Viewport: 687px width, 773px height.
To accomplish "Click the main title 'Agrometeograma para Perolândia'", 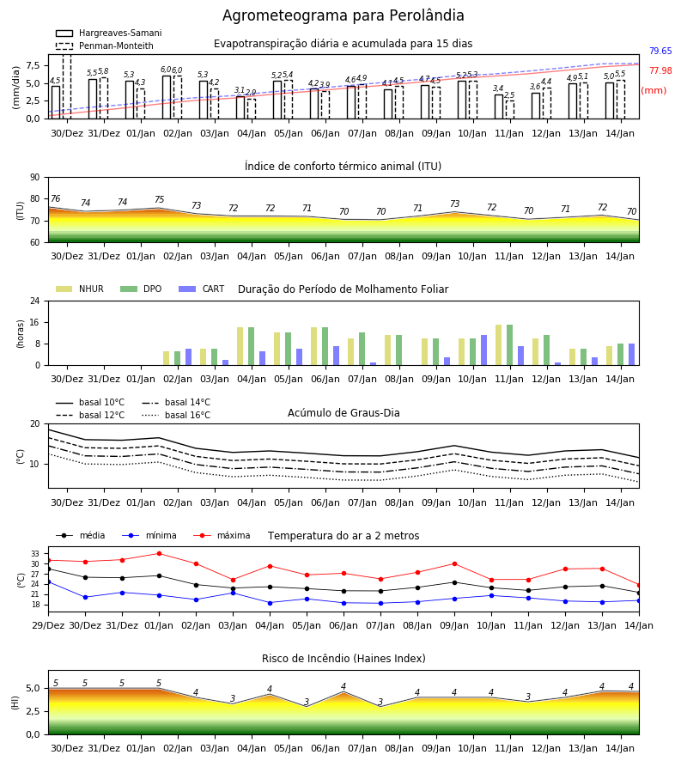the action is [x=343, y=15].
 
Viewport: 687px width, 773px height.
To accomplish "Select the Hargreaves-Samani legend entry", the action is [x=108, y=33].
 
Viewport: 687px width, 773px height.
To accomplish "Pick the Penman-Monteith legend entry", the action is [x=105, y=46].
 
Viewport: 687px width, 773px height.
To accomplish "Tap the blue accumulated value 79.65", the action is [x=660, y=51].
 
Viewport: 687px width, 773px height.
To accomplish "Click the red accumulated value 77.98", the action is [x=660, y=70].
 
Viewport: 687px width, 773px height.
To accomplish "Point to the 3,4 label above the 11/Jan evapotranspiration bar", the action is [x=498, y=88].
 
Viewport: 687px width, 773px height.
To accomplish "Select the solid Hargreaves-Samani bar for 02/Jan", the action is [x=167, y=97].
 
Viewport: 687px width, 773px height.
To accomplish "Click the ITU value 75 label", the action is [x=159, y=199].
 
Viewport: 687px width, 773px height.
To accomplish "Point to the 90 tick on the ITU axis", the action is [x=35, y=178].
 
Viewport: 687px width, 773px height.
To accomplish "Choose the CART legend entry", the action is [x=201, y=289].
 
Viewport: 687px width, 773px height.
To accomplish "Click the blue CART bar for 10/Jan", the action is [x=484, y=350].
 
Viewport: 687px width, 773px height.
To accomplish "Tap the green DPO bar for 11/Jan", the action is [x=509, y=345].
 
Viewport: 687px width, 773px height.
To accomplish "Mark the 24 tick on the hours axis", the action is [x=35, y=301].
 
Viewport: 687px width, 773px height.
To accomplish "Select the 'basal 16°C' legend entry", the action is [x=176, y=415].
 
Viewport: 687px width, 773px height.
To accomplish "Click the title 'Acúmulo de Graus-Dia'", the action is [x=343, y=413].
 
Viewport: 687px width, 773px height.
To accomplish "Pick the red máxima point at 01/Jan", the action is [x=159, y=554].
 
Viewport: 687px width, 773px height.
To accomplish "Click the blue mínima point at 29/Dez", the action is [x=48, y=581].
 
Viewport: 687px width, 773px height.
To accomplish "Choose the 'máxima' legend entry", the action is [x=222, y=535].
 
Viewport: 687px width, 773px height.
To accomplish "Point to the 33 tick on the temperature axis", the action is [x=35, y=554].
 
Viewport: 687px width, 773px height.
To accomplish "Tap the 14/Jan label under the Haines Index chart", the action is [x=620, y=748].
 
